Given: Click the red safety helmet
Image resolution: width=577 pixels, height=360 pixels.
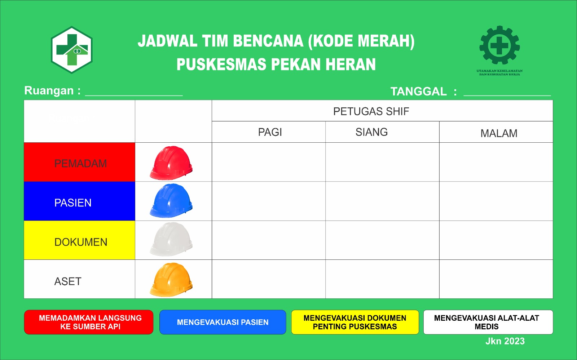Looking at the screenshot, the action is coord(171,163).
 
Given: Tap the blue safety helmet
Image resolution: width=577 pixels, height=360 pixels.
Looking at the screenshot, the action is coord(171,200).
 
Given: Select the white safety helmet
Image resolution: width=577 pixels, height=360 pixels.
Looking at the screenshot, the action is coord(171,239).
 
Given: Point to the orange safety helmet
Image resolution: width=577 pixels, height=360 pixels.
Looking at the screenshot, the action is coord(171,280).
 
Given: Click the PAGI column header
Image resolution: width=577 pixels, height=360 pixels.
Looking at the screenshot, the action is coord(270,132).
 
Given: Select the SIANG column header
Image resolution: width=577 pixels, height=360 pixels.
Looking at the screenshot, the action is coord(371,132).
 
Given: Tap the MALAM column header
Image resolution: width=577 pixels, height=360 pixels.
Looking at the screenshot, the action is coord(499,133).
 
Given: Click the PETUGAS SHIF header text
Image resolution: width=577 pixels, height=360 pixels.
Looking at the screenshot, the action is coord(371,111).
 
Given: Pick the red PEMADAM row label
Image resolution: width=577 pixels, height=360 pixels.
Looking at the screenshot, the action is coord(80,162).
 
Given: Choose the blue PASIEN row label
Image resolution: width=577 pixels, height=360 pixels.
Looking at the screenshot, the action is coord(80,201).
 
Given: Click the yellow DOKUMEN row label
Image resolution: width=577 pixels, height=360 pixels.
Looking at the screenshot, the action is coord(80,240).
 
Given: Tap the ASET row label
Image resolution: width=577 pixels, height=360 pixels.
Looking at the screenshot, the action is coord(68,281).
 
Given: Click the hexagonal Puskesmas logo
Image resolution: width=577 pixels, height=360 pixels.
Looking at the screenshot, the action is coord(72,50).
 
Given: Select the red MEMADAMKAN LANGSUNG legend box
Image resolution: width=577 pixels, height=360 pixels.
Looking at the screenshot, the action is coord(89,322).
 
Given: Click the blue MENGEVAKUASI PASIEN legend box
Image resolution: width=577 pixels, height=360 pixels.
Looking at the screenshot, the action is coord(223,322).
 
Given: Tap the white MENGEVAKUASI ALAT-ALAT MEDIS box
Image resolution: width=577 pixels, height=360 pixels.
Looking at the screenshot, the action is coord(488,322).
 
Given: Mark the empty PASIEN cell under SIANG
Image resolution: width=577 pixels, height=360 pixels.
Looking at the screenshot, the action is coord(382,201).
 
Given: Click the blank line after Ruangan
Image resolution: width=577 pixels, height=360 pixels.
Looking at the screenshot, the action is coord(134,95).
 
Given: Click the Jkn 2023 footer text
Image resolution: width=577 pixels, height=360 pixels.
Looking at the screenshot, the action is coord(505,341).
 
